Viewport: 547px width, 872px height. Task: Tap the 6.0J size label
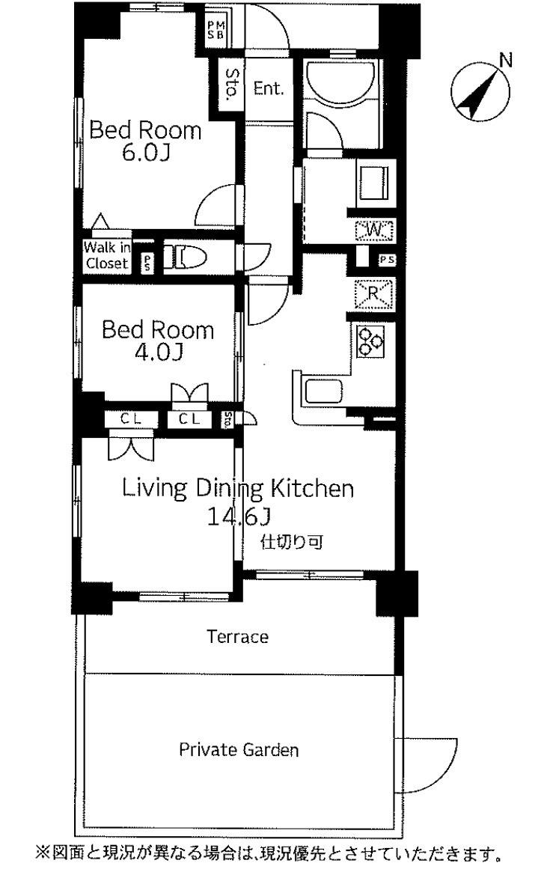click(145, 153)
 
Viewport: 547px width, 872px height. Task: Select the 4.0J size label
click(158, 353)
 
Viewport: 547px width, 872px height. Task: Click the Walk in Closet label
click(107, 256)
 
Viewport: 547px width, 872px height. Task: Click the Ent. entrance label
click(269, 88)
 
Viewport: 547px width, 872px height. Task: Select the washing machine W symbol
click(375, 229)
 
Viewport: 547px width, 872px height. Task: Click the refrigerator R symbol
click(374, 293)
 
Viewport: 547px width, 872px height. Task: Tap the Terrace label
click(237, 636)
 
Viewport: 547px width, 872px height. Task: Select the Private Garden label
click(239, 750)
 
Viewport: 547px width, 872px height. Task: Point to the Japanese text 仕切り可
click(292, 542)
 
